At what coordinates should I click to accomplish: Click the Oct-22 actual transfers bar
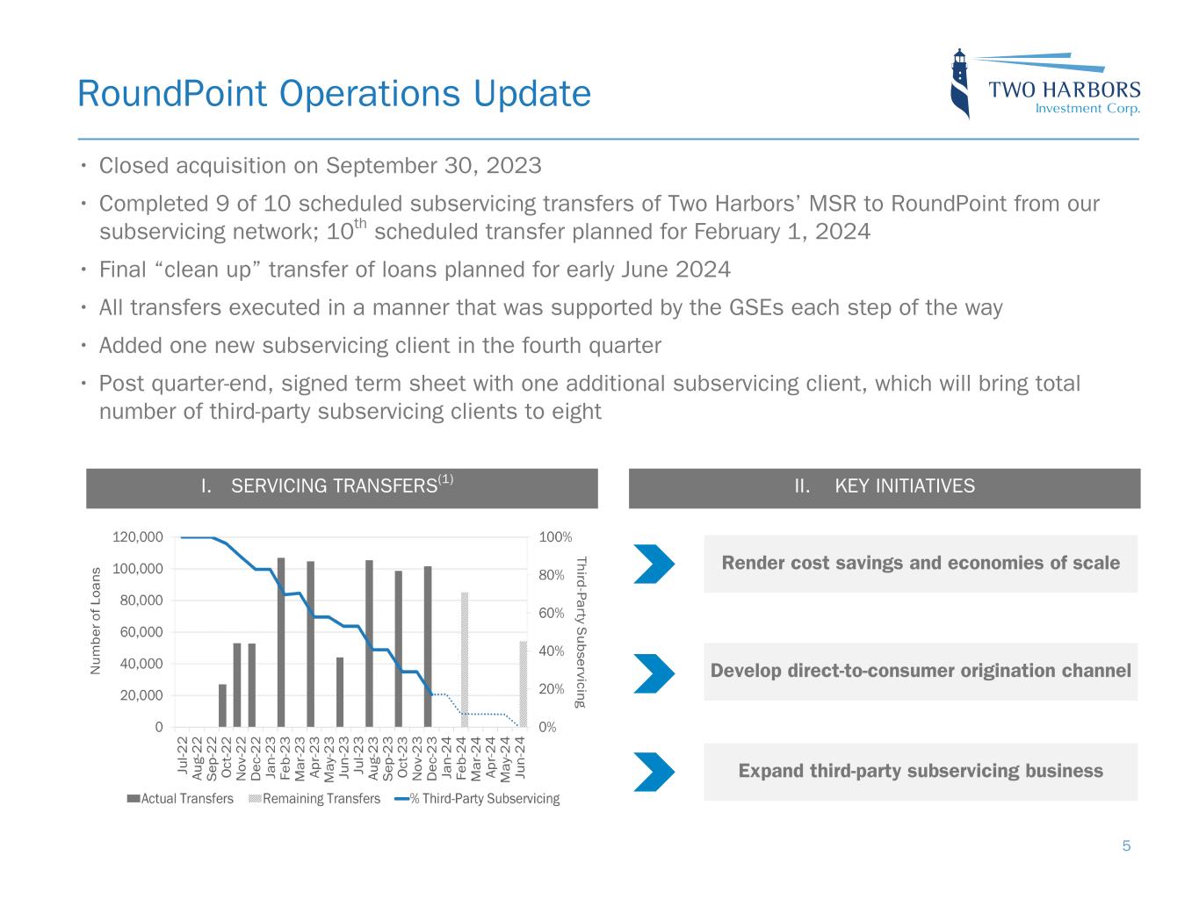coord(222,705)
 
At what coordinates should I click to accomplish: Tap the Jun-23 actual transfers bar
coord(340,692)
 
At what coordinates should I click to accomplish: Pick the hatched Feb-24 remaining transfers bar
coord(465,659)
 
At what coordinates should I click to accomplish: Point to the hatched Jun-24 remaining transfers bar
coord(523,684)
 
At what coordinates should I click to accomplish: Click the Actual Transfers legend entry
coord(180,799)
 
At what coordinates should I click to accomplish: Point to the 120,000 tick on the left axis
coord(138,537)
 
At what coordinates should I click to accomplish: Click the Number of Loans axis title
coord(97,622)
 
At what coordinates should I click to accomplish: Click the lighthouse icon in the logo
coord(961,83)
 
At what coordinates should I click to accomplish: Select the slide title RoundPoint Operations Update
coord(334,93)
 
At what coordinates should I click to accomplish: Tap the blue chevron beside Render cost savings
coord(654,564)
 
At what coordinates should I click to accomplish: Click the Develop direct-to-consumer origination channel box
coord(920,672)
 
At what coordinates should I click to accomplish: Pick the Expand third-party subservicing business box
coord(920,772)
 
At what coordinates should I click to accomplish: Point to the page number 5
coord(1126,846)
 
